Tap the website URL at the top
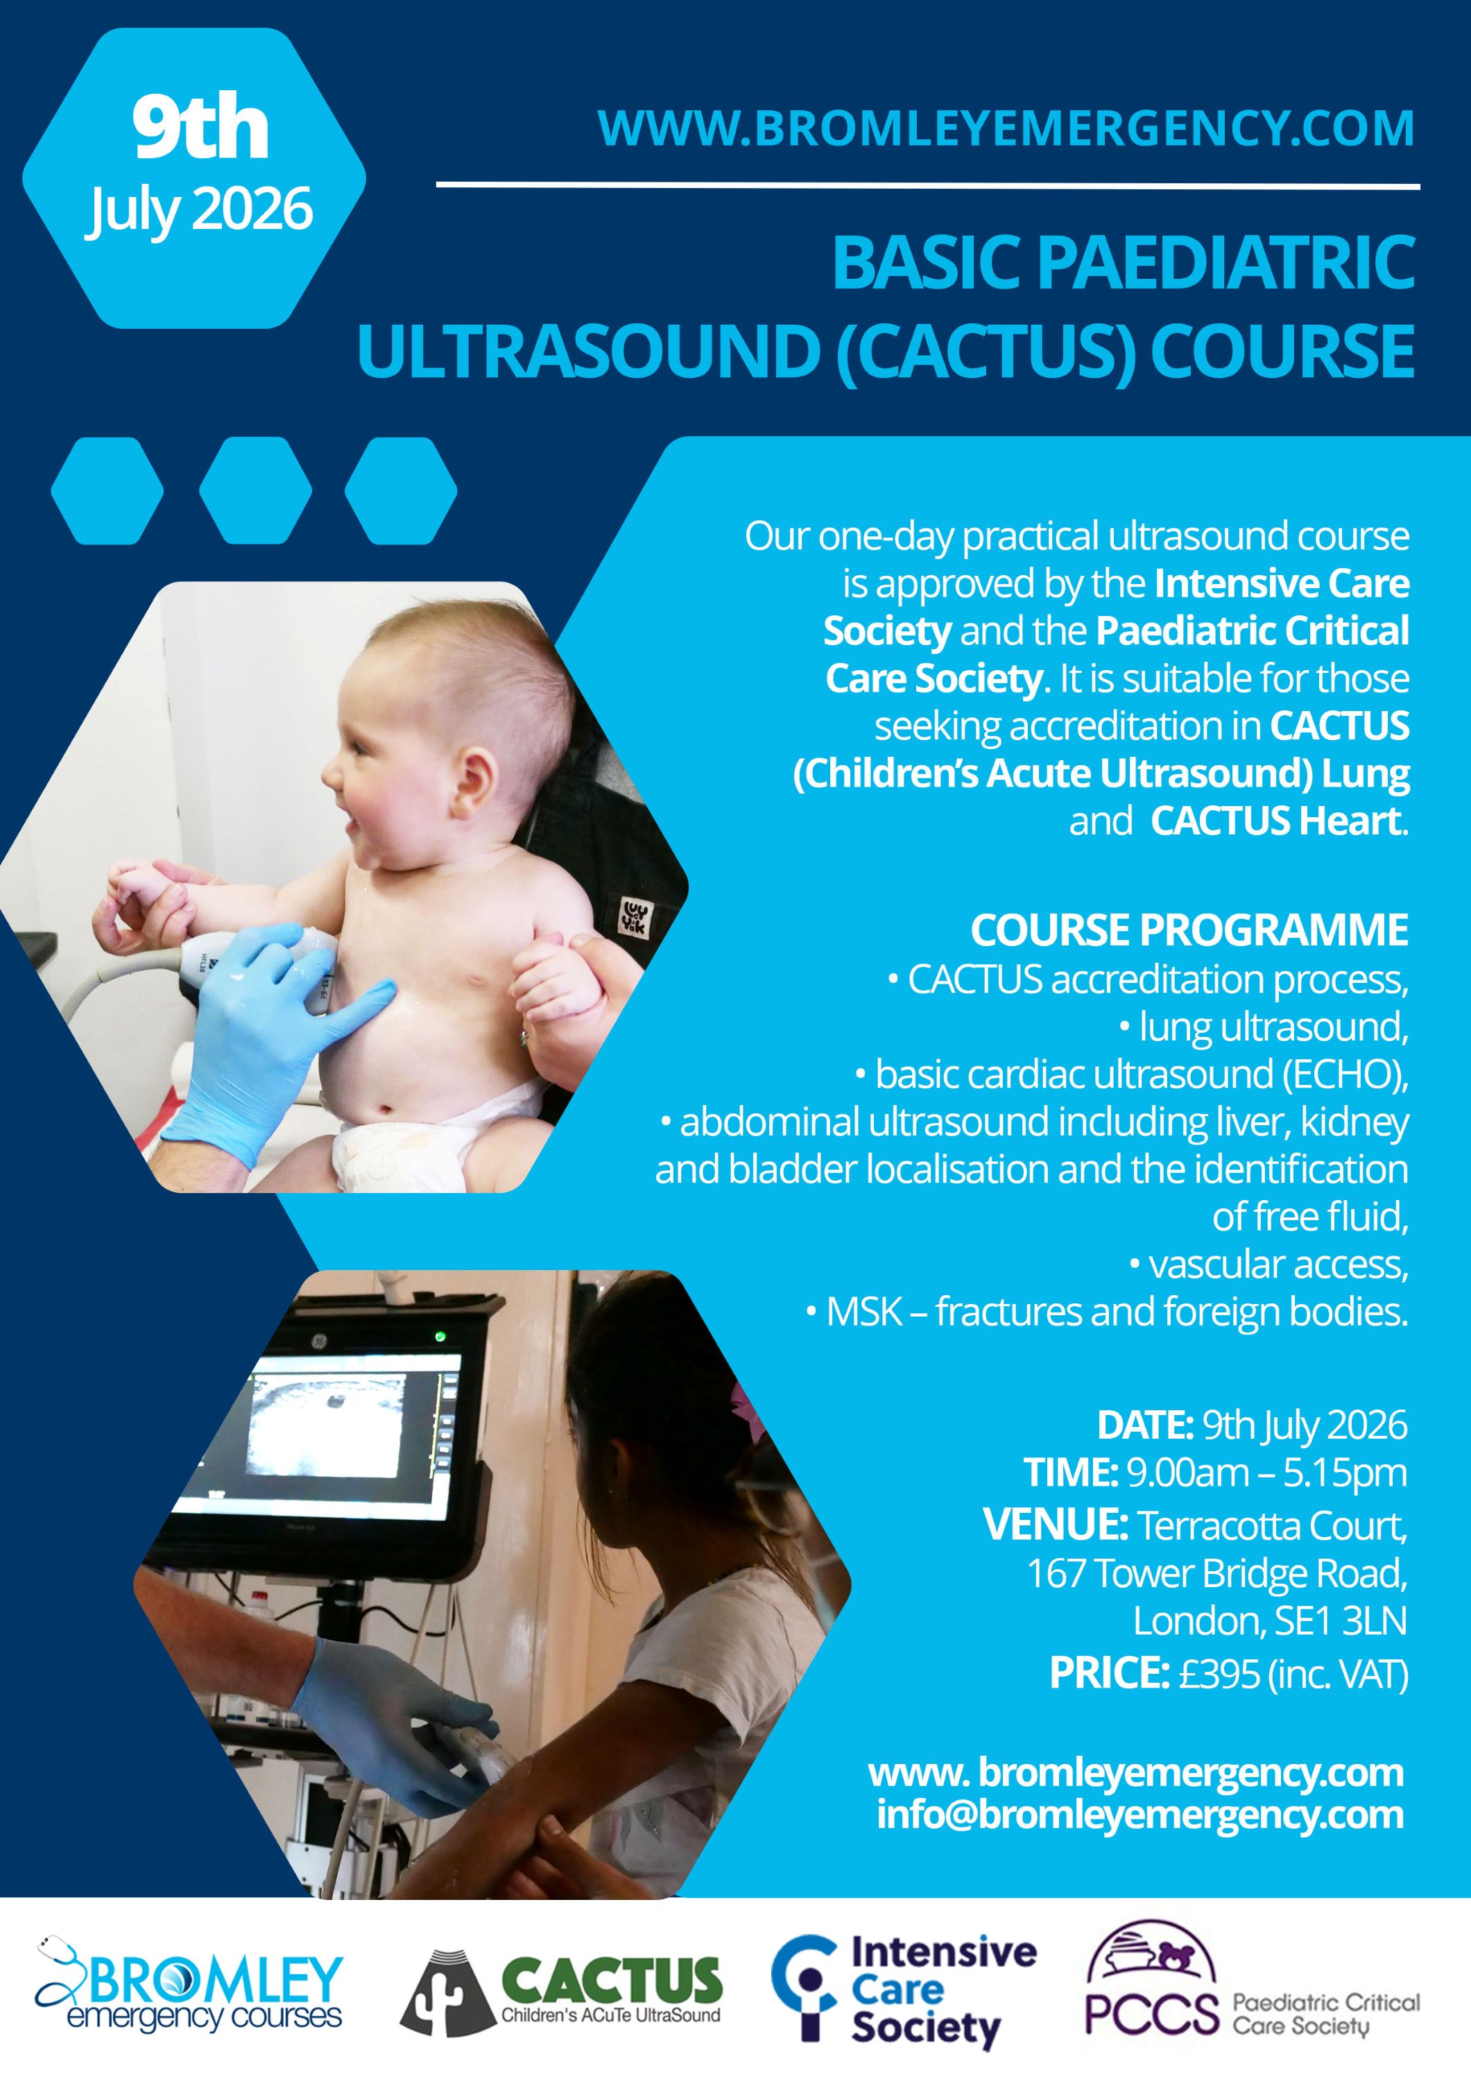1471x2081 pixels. tap(1006, 128)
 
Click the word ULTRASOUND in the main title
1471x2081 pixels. tap(589, 352)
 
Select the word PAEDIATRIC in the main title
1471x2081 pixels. tap(1225, 263)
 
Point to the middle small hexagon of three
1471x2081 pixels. tap(255, 490)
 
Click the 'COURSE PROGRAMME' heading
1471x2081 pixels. tap(1189, 930)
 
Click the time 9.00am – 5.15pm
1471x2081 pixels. tap(1266, 1472)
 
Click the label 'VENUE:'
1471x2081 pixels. tap(1055, 1525)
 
